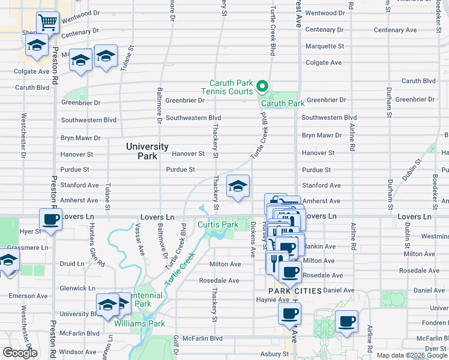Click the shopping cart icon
pos(47,23)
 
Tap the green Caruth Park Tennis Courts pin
pos(262,88)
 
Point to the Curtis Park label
pos(218,224)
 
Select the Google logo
pos(20,353)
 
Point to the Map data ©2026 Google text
pos(411,355)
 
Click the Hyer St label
pos(29,231)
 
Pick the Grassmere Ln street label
pos(28,247)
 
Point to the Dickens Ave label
pos(253,236)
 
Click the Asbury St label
pos(275,354)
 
